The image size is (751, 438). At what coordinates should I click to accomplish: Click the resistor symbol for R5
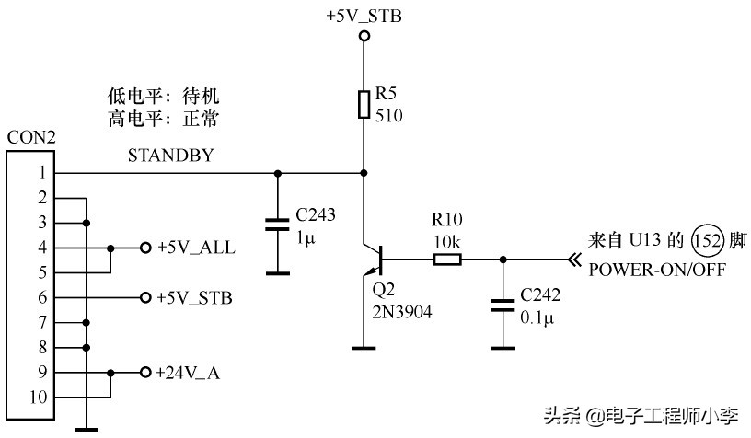364,103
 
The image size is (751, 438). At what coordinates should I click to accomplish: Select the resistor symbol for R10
447,259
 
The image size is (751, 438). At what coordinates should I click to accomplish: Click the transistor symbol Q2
372,259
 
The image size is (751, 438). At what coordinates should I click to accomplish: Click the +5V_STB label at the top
364,16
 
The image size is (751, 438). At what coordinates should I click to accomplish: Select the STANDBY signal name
170,156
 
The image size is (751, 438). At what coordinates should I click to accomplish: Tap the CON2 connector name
31,138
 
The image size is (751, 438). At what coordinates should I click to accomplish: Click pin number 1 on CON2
40,173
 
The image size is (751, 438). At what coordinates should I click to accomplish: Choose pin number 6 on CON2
40,297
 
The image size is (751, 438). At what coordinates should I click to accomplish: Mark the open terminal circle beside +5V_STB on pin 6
144,298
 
